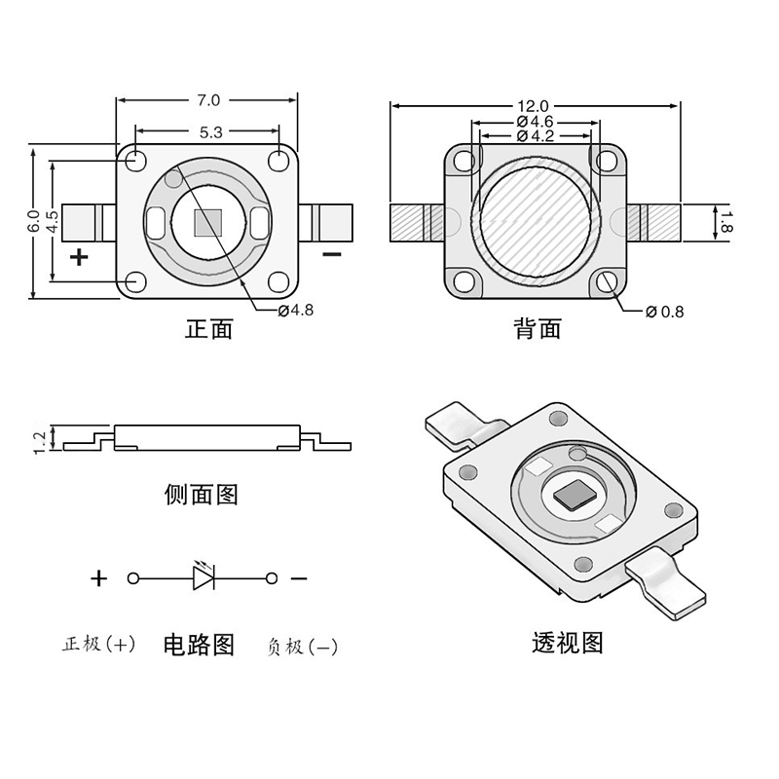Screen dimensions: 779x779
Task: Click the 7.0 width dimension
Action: pyautogui.click(x=208, y=101)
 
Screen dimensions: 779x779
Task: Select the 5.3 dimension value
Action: pyautogui.click(x=210, y=132)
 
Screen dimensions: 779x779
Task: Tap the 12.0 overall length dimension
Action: pyautogui.click(x=533, y=106)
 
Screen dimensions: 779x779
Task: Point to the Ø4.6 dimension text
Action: pyautogui.click(x=535, y=122)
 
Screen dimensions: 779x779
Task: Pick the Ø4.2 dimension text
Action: pyautogui.click(x=535, y=135)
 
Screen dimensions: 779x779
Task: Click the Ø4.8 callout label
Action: pyautogui.click(x=296, y=311)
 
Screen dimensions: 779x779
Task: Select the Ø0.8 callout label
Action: pyautogui.click(x=665, y=312)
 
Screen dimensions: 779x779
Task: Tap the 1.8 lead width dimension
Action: pyautogui.click(x=726, y=222)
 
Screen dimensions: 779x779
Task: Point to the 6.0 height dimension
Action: pyautogui.click(x=33, y=221)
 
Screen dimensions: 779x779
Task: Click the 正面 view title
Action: pyautogui.click(x=208, y=329)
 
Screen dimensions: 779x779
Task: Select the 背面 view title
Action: pyautogui.click(x=538, y=329)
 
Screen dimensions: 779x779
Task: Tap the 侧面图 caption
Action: pyautogui.click(x=202, y=495)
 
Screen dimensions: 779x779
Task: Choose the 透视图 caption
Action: pyautogui.click(x=568, y=643)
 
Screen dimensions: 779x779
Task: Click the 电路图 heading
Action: pyautogui.click(x=199, y=645)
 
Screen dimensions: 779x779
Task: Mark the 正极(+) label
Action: pyautogui.click(x=99, y=644)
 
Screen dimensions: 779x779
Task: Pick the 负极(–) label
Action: pyautogui.click(x=302, y=647)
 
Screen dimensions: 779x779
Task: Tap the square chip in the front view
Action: pyautogui.click(x=208, y=222)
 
